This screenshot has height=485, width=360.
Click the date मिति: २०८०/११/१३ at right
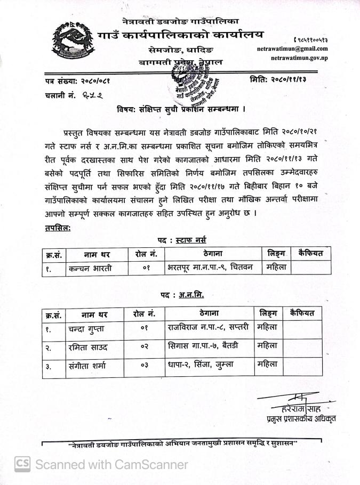tap(281, 79)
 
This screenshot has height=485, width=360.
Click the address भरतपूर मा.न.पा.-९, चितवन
tap(212, 267)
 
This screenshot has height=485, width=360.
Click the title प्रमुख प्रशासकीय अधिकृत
tap(301, 418)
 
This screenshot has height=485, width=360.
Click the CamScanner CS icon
tap(22, 464)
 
